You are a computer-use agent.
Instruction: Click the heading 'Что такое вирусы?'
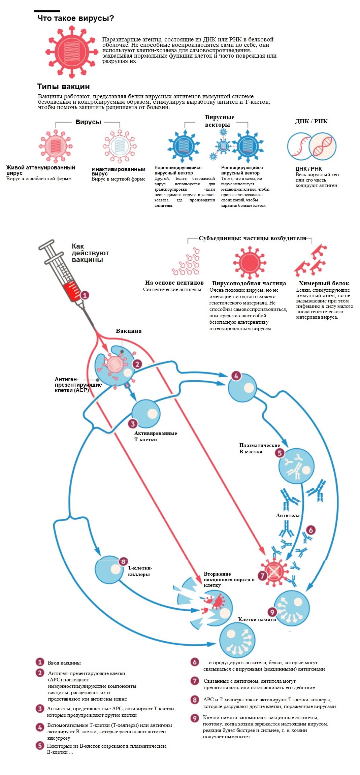(76, 19)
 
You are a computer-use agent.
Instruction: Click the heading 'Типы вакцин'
(63, 87)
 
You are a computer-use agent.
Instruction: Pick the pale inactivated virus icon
(120, 147)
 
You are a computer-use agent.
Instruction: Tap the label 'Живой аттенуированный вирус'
(40, 170)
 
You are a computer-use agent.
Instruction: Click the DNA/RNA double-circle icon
(312, 146)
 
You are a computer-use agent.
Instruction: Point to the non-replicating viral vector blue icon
(184, 146)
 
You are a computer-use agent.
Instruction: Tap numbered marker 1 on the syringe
(85, 295)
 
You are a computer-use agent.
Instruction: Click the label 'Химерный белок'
(324, 283)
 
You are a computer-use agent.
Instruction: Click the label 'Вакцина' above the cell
(129, 331)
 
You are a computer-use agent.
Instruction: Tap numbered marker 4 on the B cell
(236, 376)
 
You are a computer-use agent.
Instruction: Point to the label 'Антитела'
(288, 515)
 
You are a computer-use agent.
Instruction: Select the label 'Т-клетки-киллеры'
(140, 571)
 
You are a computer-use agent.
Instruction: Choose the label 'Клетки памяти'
(257, 619)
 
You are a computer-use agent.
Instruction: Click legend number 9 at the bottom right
(195, 718)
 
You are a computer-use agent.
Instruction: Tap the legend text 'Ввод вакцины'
(64, 663)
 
